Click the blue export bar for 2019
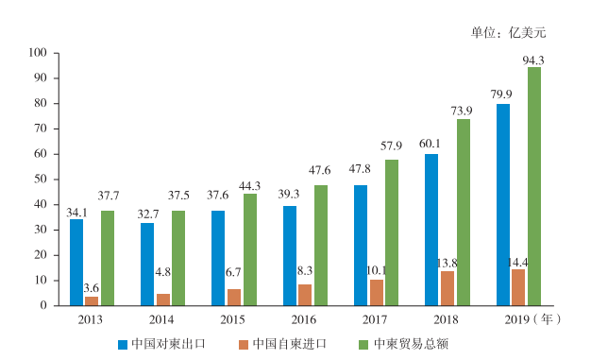503,204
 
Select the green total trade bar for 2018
464,212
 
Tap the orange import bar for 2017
377,292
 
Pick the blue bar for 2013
76,262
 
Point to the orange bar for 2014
163,300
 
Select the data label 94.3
534,60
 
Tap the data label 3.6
92,287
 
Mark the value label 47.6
322,171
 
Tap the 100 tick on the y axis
39,53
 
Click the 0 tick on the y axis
44,305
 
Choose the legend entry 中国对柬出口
166,344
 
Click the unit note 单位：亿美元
509,32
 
